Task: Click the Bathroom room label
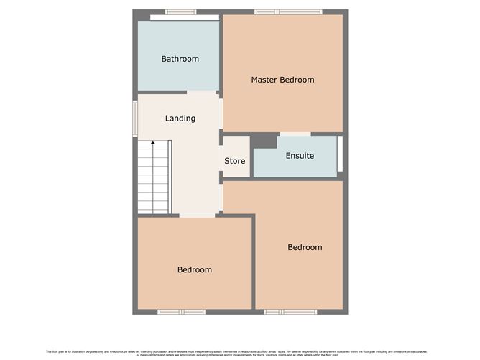click(180, 59)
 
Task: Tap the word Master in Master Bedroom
click(264, 80)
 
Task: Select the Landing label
click(180, 119)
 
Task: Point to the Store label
click(235, 161)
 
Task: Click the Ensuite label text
click(300, 156)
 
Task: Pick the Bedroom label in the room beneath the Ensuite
click(305, 247)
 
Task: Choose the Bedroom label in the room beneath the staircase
click(195, 269)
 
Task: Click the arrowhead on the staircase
click(152, 144)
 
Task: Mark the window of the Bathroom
click(180, 11)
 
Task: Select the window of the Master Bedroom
click(288, 11)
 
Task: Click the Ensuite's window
click(341, 154)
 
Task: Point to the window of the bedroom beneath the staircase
click(181, 312)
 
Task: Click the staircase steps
click(153, 180)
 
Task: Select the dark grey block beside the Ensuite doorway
click(264, 141)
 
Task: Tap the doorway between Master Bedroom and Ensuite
click(295, 134)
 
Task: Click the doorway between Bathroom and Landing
click(202, 92)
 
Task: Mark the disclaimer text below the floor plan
click(240, 352)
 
